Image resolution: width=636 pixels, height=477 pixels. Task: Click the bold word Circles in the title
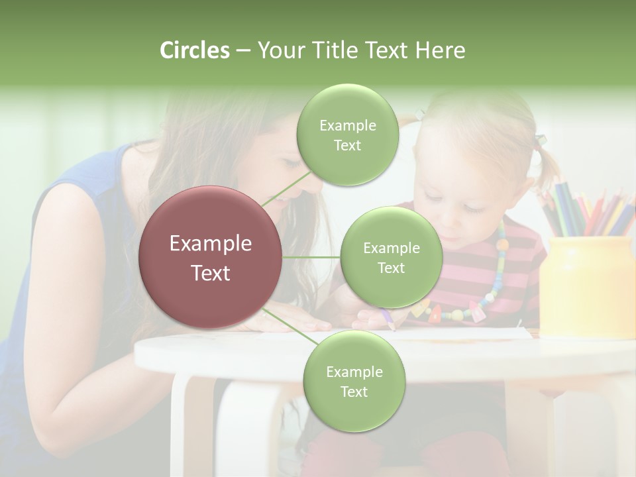(x=194, y=50)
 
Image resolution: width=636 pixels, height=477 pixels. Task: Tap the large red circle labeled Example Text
(x=211, y=258)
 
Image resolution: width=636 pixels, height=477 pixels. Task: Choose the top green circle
(x=347, y=135)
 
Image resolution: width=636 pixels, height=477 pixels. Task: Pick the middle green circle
(x=391, y=258)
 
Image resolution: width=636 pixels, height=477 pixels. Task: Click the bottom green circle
(x=354, y=381)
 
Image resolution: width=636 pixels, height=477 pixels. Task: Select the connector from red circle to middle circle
(x=311, y=258)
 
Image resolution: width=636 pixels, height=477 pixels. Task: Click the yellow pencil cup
(x=586, y=285)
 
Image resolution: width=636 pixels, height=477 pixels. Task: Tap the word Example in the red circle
(x=211, y=244)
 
